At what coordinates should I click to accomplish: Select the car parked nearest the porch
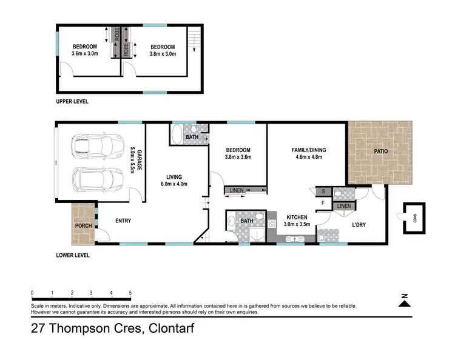tap(94, 179)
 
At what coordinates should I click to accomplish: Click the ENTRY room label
tap(123, 221)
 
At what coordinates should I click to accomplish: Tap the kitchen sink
tap(297, 239)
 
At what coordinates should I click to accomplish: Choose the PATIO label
tap(380, 151)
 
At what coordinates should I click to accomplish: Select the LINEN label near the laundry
tap(343, 207)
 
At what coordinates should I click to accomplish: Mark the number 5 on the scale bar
tap(130, 293)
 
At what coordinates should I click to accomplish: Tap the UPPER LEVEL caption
tap(72, 102)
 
